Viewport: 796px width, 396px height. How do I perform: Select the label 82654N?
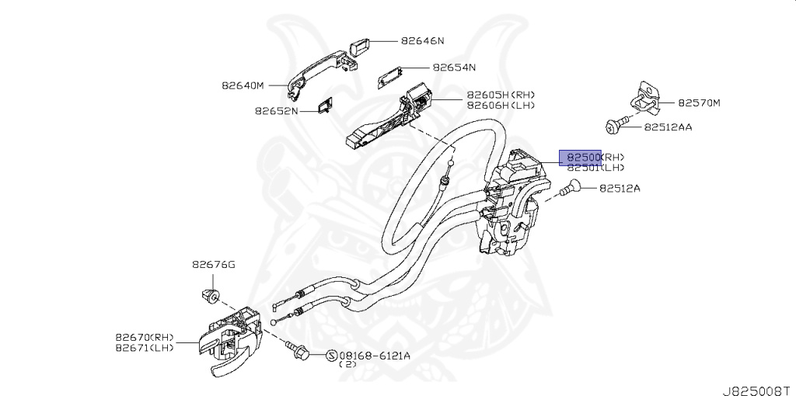point(454,68)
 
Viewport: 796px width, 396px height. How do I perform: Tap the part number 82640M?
point(243,85)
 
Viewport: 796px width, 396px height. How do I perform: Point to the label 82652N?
point(276,111)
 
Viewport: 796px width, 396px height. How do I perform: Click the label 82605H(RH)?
point(501,95)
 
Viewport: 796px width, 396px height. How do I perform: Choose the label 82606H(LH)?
point(501,105)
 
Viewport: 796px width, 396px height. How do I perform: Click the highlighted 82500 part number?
point(580,157)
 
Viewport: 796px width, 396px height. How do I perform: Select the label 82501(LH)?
point(594,167)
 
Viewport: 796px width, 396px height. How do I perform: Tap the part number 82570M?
point(699,102)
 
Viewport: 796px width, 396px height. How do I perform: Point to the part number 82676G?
point(214,265)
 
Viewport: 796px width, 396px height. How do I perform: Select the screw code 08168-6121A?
point(375,356)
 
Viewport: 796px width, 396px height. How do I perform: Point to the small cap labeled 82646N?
point(360,43)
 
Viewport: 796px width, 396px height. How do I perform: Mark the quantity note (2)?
point(347,365)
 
